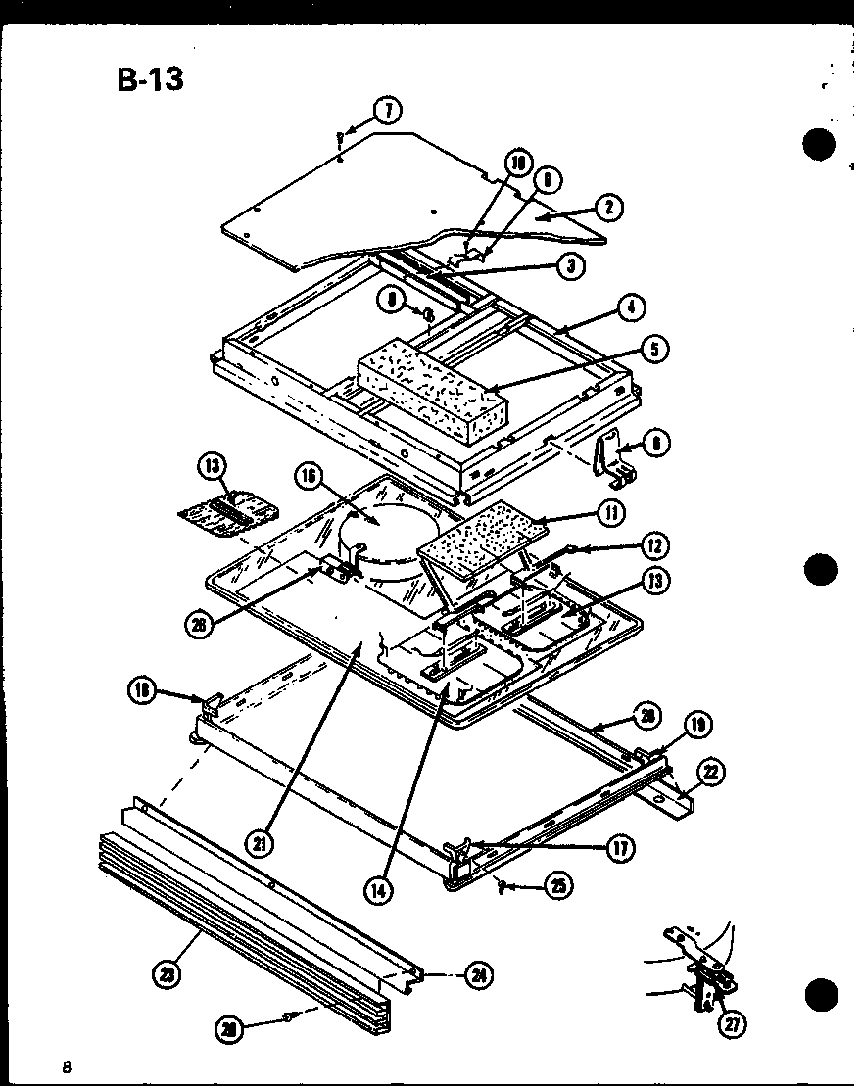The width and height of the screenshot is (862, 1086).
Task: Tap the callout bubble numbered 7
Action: [391, 111]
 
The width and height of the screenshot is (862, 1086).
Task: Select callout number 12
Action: [654, 545]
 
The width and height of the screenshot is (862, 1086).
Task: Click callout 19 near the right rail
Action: [696, 726]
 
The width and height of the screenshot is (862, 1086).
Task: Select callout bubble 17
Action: [619, 847]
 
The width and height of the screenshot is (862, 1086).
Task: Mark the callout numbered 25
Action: [558, 886]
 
